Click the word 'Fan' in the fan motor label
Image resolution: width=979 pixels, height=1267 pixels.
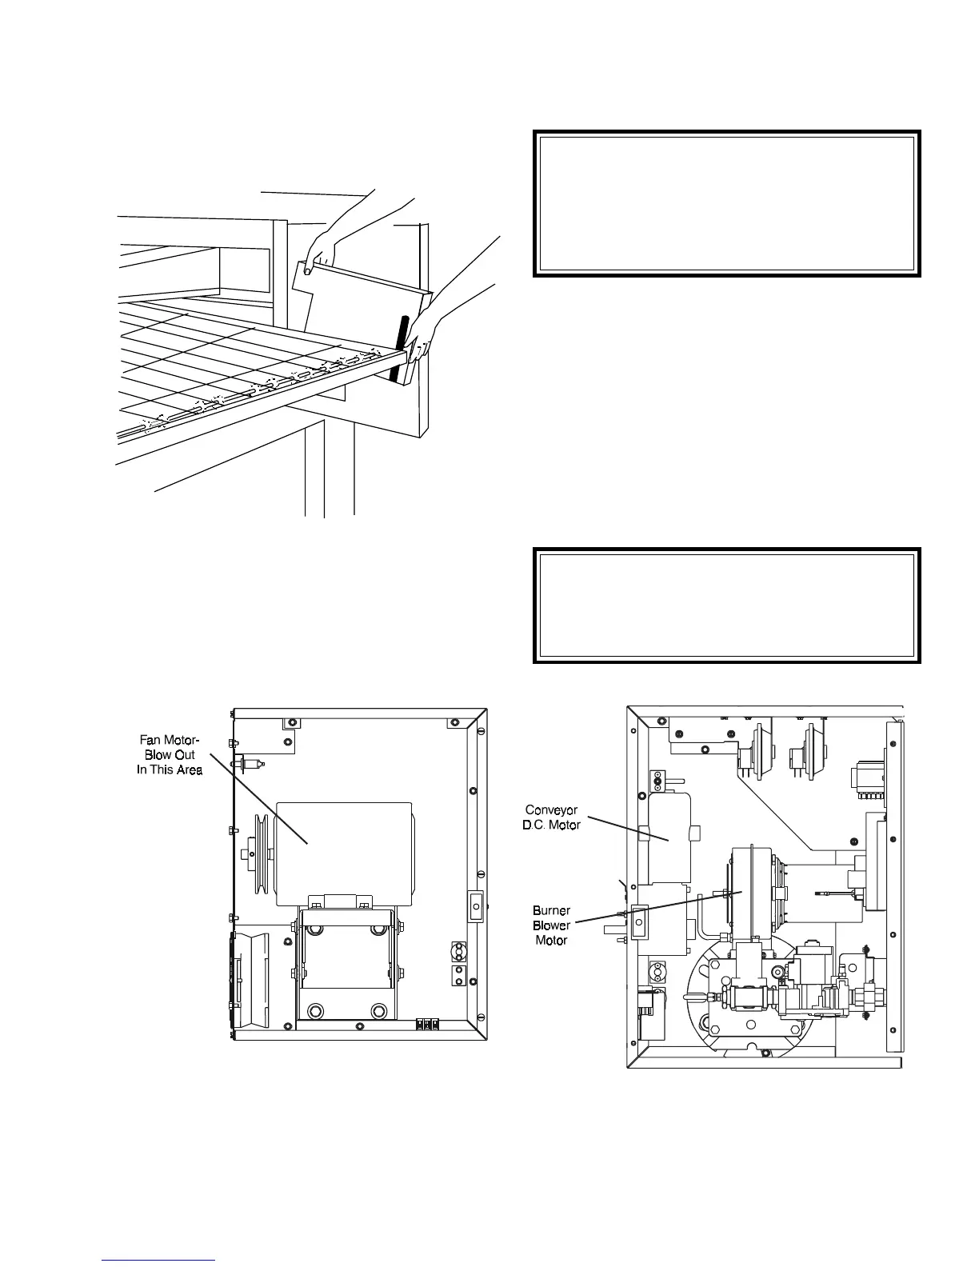coord(152,740)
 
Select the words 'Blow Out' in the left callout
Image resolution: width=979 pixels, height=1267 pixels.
coord(170,754)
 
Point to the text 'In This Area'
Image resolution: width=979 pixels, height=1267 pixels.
coord(170,769)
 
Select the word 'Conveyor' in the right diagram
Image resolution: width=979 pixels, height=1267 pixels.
coord(551,810)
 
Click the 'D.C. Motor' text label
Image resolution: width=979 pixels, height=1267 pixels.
coord(551,825)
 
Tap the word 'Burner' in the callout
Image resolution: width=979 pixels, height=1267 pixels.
coord(551,911)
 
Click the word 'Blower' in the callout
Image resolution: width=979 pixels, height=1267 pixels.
coord(551,925)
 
